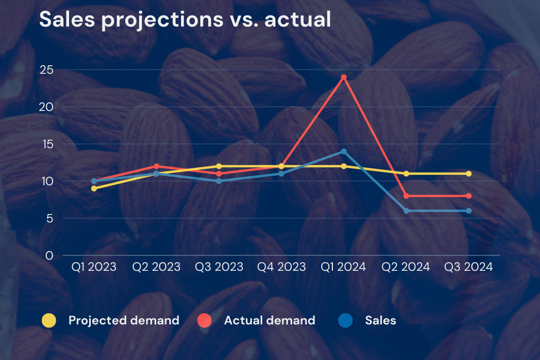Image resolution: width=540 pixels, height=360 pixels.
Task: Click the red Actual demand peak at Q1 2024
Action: point(344,77)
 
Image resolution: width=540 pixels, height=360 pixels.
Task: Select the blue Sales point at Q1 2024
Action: point(344,151)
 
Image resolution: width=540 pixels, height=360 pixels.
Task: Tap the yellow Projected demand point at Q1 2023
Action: point(94,188)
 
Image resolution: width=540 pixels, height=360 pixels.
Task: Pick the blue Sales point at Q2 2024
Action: point(406,211)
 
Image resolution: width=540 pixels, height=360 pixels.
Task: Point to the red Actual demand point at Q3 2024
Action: point(468,196)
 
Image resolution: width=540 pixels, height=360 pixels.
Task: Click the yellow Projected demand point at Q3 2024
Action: point(468,174)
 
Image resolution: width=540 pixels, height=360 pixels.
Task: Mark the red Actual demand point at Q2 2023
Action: point(156,166)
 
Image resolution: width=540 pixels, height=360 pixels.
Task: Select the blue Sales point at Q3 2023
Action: point(219,181)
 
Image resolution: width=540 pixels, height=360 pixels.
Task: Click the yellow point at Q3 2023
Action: point(219,166)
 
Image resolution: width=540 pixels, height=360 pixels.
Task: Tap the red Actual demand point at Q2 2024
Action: point(406,196)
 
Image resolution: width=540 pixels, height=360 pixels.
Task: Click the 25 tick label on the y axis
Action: point(47,70)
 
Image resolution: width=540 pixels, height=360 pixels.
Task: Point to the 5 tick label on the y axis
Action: point(49,218)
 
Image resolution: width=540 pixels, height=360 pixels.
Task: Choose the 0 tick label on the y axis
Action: point(49,255)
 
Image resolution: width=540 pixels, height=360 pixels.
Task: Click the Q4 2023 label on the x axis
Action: point(281,267)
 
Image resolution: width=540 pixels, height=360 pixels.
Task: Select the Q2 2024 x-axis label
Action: point(406,267)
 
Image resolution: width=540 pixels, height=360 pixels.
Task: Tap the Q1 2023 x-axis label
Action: point(94,267)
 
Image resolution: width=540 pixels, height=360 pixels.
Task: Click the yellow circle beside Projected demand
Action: point(49,320)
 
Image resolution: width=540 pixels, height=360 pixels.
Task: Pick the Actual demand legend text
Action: point(269,320)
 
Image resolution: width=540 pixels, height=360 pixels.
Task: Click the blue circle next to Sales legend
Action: point(345,320)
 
